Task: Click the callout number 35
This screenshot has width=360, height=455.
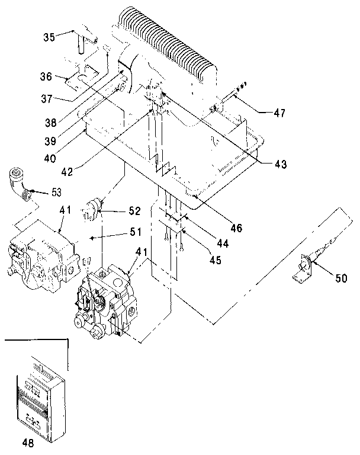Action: coord(49,36)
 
